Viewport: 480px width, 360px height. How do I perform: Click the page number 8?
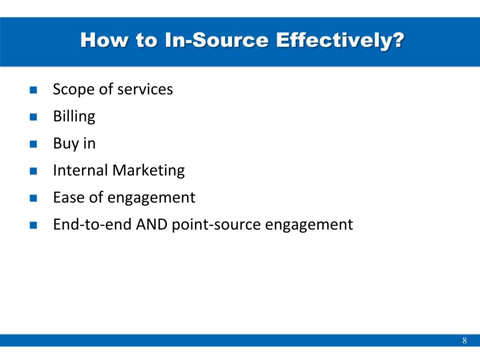tap(465, 340)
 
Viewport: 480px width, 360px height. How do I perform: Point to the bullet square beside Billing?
tap(33, 117)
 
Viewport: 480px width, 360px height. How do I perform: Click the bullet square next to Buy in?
tap(33, 144)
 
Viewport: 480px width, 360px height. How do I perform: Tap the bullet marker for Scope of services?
tap(33, 90)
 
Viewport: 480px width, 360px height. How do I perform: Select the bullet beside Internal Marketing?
tap(33, 171)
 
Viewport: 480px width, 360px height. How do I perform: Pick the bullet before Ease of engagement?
tap(33, 198)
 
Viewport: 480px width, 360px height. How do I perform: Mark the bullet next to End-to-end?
tap(33, 225)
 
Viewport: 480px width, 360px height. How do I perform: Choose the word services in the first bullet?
tap(145, 90)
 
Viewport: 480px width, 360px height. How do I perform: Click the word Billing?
tap(74, 117)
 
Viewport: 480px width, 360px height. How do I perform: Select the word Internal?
tap(81, 170)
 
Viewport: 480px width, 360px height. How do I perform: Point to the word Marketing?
tap(149, 171)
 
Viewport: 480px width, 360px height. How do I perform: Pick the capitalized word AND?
tap(151, 225)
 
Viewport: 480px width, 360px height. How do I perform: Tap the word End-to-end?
tap(92, 225)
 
